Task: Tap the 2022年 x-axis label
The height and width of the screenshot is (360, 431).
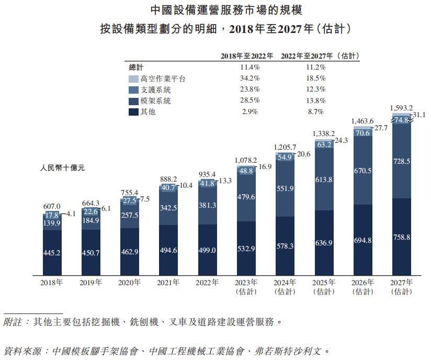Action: (207, 283)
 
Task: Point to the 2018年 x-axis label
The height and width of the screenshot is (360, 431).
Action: (52, 283)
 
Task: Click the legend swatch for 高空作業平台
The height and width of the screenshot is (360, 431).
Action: (133, 78)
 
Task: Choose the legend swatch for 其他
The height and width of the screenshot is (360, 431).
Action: (133, 111)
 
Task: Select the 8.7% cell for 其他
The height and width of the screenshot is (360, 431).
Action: (316, 111)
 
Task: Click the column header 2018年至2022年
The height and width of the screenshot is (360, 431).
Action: (246, 55)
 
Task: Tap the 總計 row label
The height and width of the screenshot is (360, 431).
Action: (137, 67)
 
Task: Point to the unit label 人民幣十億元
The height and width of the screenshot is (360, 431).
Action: (62, 168)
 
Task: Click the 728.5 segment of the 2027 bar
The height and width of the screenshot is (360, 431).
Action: (402, 163)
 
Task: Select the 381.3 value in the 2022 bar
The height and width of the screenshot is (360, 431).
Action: (208, 206)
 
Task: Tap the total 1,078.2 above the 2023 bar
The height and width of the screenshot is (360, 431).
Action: (246, 160)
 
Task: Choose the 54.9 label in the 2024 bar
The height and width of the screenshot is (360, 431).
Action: (285, 157)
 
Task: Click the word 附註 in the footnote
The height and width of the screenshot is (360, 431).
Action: (14, 322)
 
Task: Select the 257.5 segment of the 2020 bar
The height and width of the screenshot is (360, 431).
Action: (130, 215)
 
